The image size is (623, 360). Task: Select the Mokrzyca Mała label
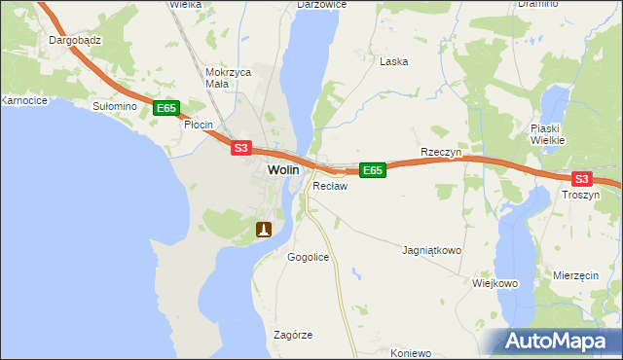230,78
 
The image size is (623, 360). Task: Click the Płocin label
199,126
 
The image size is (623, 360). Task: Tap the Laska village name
393,60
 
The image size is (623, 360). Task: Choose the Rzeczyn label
439,152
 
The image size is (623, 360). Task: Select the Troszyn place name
581,195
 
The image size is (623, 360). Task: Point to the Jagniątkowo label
431,250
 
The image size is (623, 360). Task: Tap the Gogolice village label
308,257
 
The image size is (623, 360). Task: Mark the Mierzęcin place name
575,276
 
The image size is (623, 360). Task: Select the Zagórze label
293,335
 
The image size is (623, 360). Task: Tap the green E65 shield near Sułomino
165,110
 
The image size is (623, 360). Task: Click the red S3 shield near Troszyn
581,179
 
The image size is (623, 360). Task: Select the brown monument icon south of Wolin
264,230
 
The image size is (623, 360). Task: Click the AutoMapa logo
560,342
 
